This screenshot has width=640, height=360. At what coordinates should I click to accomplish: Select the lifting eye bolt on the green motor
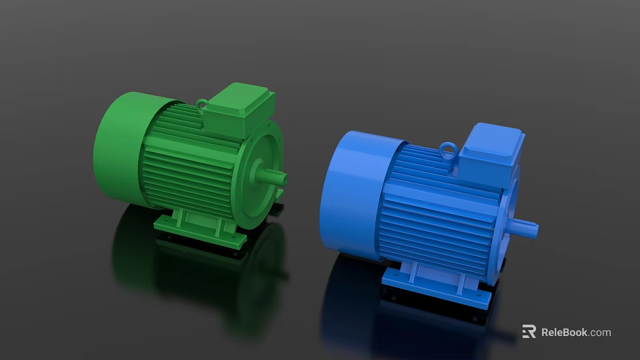(201, 104)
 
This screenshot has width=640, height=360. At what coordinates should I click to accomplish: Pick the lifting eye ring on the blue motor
(449, 151)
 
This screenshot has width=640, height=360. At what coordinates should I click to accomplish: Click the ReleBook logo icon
(529, 331)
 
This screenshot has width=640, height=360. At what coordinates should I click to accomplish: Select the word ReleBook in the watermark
(564, 332)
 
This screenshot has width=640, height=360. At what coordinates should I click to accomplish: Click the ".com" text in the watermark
(600, 332)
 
